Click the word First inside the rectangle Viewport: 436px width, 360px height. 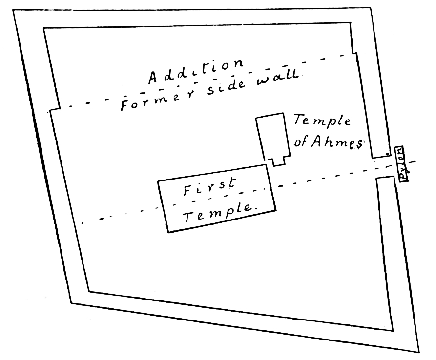tap(209, 187)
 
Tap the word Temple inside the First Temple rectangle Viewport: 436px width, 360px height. tap(220, 212)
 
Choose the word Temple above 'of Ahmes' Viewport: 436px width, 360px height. tap(322, 120)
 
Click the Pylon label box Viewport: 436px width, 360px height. tap(402, 163)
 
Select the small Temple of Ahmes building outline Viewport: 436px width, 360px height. tap(272, 137)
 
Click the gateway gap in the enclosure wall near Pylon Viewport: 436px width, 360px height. tap(383, 167)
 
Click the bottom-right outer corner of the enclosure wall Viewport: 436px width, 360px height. tap(419, 352)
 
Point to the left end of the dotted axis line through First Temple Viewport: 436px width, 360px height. tap(82, 222)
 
